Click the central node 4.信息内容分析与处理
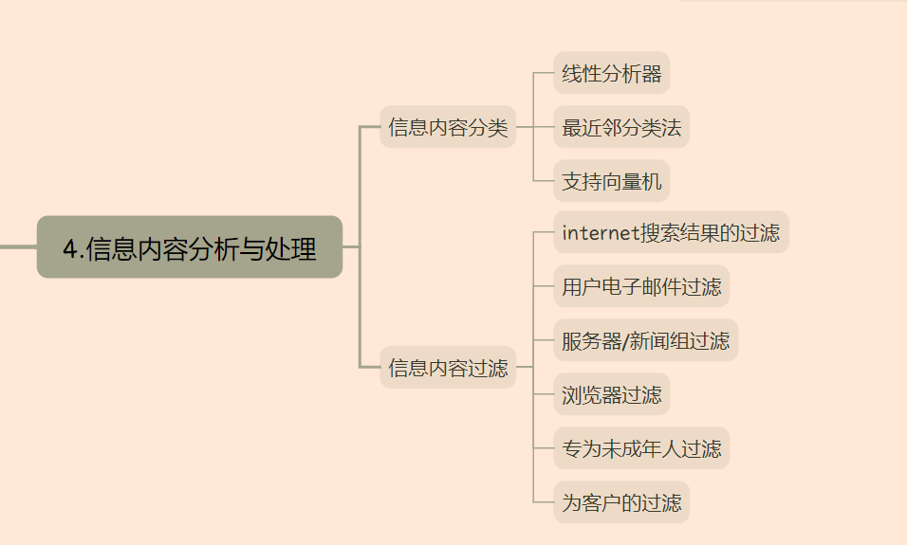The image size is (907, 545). click(x=189, y=247)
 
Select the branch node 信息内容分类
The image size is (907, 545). click(x=448, y=127)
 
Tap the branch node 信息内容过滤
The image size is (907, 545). click(x=448, y=368)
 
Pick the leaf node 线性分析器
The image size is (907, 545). click(x=611, y=74)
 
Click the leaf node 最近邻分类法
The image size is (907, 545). click(x=620, y=127)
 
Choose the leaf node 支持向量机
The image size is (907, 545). click(x=611, y=181)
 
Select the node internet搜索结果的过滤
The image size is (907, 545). click(x=670, y=232)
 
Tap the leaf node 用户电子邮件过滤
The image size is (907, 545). click(x=640, y=286)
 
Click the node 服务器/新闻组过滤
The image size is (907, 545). click(x=645, y=340)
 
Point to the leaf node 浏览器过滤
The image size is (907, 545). click(x=611, y=394)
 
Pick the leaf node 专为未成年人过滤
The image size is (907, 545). click(x=640, y=448)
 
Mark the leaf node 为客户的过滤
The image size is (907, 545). click(x=620, y=502)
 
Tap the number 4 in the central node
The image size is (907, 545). click(x=69, y=248)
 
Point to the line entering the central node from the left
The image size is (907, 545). click(x=17, y=246)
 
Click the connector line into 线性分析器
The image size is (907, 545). click(x=544, y=74)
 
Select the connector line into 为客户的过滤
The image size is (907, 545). click(x=544, y=502)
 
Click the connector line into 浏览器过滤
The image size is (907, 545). click(x=544, y=394)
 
